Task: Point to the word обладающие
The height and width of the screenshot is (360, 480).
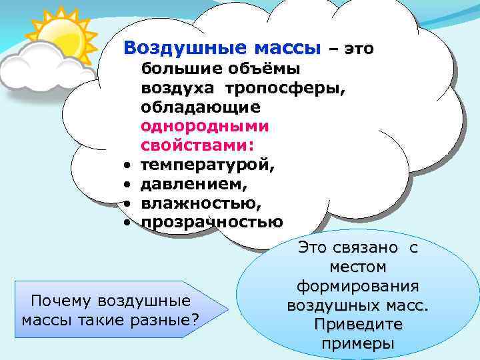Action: click(x=201, y=107)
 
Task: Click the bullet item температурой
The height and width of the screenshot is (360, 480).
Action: click(x=207, y=163)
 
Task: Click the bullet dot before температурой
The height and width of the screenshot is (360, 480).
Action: click(x=125, y=164)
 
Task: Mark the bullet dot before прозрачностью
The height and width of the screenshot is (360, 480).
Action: click(x=125, y=222)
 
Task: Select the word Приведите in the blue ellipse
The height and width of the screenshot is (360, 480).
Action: click(x=357, y=325)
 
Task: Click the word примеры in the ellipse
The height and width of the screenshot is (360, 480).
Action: click(x=357, y=344)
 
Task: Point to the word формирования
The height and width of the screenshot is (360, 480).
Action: click(x=357, y=286)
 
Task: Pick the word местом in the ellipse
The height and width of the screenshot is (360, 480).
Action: click(x=357, y=267)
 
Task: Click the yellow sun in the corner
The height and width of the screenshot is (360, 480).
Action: click(x=57, y=33)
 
